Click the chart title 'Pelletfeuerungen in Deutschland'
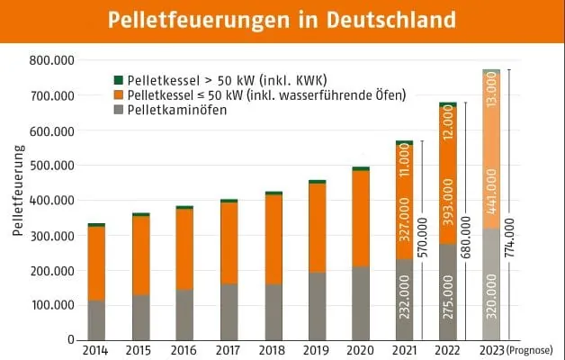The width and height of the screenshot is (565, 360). [x=282, y=20]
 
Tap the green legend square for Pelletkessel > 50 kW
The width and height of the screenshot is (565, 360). [x=117, y=79]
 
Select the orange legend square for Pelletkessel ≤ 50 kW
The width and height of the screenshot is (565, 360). [x=117, y=95]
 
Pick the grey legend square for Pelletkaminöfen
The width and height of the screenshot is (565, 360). [x=117, y=111]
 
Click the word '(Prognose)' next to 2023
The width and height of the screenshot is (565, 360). [x=531, y=349]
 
